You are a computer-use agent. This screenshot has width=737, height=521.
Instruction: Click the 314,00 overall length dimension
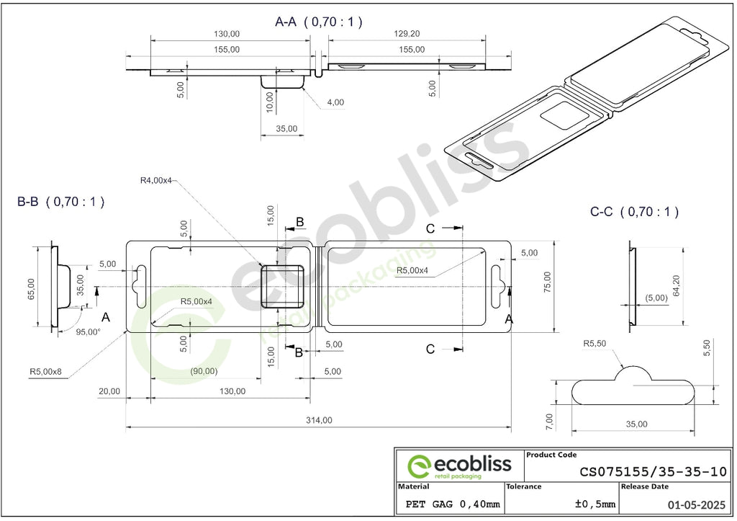pos(319,420)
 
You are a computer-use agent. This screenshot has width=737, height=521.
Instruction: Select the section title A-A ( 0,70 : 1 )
pos(319,22)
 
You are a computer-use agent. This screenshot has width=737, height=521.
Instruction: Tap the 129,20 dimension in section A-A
pos(407,34)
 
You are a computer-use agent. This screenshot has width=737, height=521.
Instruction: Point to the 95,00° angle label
pos(88,331)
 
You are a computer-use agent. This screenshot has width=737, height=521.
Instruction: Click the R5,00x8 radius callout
pos(45,371)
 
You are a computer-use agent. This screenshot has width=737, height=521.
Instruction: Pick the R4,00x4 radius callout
pos(156,180)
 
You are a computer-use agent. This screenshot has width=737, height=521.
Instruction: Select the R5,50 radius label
pos(594,344)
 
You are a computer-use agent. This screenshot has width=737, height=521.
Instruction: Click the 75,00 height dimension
pos(548,282)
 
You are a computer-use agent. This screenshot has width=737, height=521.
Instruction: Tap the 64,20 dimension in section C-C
pos(677,285)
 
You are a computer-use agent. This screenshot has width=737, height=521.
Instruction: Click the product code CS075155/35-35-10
pos(654,471)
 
